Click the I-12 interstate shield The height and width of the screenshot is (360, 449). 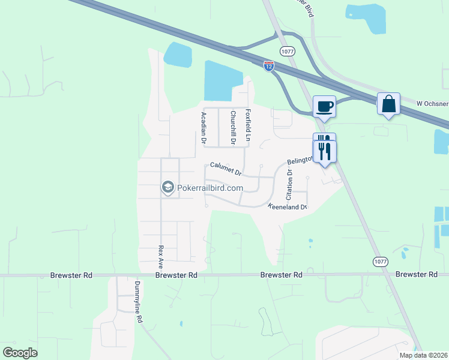click(268, 66)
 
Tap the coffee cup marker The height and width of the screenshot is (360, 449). click(324, 107)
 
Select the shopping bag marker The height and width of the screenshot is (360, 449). click(388, 104)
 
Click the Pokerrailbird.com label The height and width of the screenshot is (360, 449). click(209, 188)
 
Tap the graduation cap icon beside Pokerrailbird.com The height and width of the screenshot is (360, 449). click(167, 188)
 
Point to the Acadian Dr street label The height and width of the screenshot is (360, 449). click(204, 128)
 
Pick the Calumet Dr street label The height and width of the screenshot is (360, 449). click(225, 169)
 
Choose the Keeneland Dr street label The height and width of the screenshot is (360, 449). click(288, 207)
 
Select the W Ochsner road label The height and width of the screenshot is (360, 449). click(432, 103)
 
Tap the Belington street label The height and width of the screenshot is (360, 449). click(300, 160)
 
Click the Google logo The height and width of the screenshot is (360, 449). click(20, 353)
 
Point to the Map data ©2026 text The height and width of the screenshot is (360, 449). click(423, 355)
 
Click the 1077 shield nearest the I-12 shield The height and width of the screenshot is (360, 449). click(287, 52)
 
